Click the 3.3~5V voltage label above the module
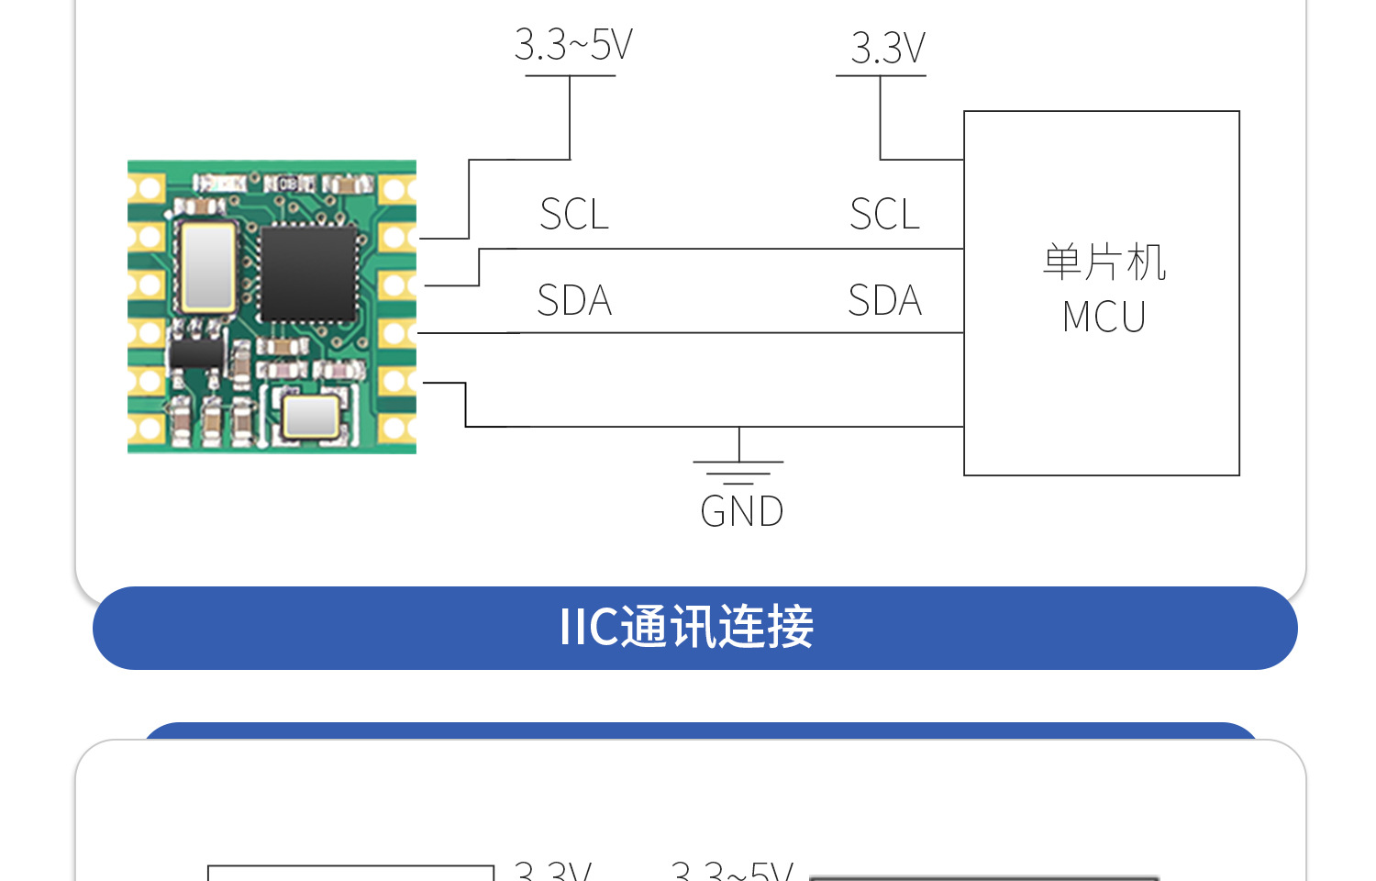[x=573, y=45]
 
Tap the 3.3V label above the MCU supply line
[x=887, y=49]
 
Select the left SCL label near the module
[x=574, y=215]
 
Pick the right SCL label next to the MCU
[x=884, y=215]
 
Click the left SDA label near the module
[x=574, y=301]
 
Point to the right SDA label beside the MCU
[x=884, y=301]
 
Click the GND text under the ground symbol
[x=741, y=512]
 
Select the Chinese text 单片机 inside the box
[x=1104, y=262]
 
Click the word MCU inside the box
[x=1104, y=318]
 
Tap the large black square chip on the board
[x=308, y=273]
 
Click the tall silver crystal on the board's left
[x=208, y=266]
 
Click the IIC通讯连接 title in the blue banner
[x=686, y=628]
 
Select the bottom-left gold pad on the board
[x=145, y=428]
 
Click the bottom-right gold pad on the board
[x=397, y=428]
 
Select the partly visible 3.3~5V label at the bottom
[x=732, y=870]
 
